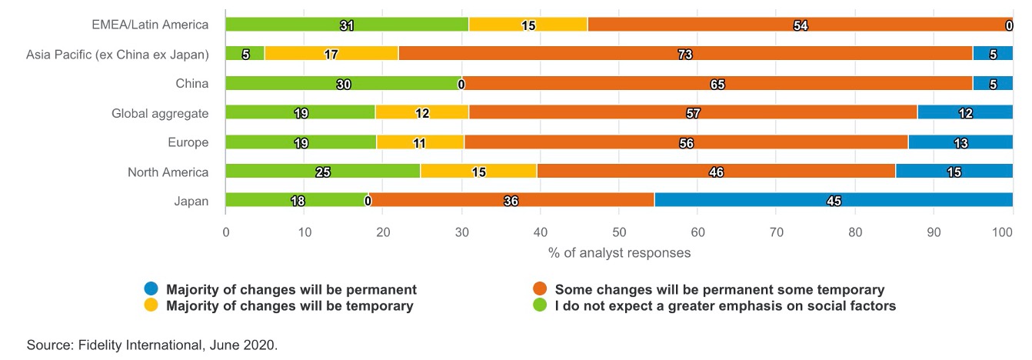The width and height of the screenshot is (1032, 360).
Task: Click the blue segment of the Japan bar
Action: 834,200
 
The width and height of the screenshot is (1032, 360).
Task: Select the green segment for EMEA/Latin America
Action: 347,25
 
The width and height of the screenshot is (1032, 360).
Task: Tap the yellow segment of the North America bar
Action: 478,171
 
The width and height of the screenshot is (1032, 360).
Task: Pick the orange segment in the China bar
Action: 717,83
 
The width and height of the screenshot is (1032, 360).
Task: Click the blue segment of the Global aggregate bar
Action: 964,112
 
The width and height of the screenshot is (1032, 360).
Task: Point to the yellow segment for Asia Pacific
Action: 331,54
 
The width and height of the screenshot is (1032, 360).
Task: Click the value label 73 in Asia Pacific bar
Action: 685,55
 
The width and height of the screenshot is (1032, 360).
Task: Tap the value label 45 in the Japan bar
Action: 834,201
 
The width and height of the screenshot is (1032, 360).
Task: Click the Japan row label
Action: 191,202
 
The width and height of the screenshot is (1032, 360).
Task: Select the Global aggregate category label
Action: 160,114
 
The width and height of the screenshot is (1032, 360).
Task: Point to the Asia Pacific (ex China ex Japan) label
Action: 117,55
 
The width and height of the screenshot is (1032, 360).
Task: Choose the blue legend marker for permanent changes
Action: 151,289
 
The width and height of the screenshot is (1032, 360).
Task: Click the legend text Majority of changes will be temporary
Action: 291,306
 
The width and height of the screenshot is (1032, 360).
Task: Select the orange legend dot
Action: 539,289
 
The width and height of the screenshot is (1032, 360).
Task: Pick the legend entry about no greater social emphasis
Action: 725,306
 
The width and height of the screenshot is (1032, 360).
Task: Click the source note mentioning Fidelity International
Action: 151,345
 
